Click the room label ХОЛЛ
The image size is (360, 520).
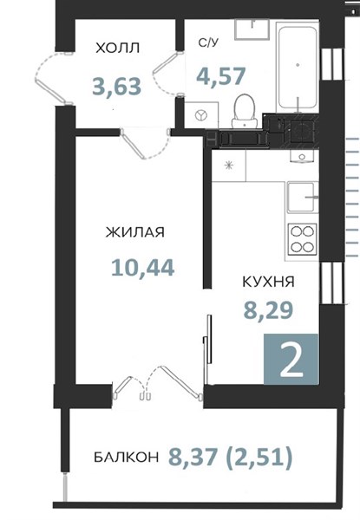(117, 48)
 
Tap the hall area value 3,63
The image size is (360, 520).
(117, 86)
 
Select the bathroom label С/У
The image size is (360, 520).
(209, 42)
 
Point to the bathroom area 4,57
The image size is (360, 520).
(221, 76)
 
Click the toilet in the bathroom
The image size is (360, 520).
(245, 111)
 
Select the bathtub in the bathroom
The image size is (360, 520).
(298, 67)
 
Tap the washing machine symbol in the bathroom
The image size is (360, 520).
(201, 114)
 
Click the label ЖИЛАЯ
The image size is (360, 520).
(135, 232)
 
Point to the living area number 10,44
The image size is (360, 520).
(142, 268)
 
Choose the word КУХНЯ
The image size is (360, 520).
(269, 282)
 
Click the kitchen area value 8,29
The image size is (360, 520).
(268, 310)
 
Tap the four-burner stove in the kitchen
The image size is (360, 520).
(302, 239)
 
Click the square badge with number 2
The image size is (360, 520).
(291, 359)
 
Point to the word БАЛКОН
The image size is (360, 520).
(127, 458)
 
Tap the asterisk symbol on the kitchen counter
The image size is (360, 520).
(228, 165)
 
